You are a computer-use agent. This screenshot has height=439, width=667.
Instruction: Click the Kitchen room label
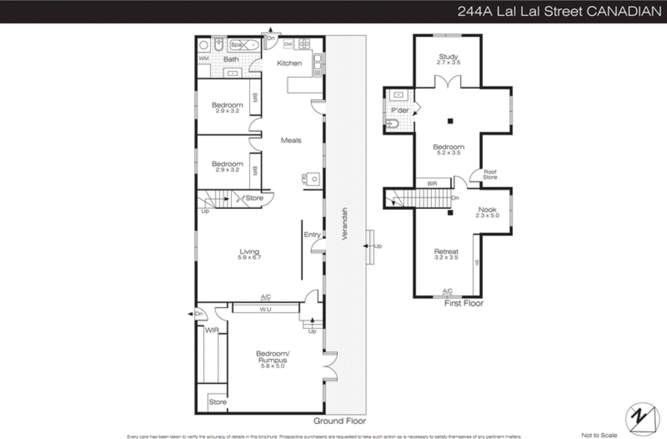tap(289, 63)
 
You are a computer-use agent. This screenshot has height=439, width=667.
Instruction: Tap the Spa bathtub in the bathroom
tap(244, 45)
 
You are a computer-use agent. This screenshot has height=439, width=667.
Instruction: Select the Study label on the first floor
tap(448, 57)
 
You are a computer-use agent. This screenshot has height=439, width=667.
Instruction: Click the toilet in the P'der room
tap(392, 124)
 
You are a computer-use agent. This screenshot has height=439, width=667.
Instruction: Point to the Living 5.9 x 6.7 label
tap(249, 254)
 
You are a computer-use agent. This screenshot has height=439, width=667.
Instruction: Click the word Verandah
tap(344, 224)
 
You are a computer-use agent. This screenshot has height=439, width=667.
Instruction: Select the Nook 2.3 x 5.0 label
tap(487, 212)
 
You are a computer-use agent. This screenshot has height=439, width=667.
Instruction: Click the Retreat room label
tap(446, 252)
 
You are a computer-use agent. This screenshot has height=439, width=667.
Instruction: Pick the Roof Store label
tap(490, 174)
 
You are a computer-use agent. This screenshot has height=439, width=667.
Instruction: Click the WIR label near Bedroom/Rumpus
tap(212, 330)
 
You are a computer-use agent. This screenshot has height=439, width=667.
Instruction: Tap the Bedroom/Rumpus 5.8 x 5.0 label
tap(273, 359)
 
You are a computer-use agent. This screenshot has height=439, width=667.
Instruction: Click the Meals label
tap(291, 140)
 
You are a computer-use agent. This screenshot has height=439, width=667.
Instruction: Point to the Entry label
tap(312, 235)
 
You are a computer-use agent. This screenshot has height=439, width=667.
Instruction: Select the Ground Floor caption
tap(339, 421)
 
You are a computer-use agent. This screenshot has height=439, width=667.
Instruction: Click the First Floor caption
tap(464, 303)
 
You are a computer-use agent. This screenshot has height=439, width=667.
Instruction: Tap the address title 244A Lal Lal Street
tap(559, 11)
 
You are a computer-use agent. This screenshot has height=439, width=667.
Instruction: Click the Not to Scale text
tap(599, 435)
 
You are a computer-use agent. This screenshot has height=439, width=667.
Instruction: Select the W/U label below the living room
tap(266, 309)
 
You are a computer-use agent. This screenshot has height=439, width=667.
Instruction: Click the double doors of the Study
tap(448, 82)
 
